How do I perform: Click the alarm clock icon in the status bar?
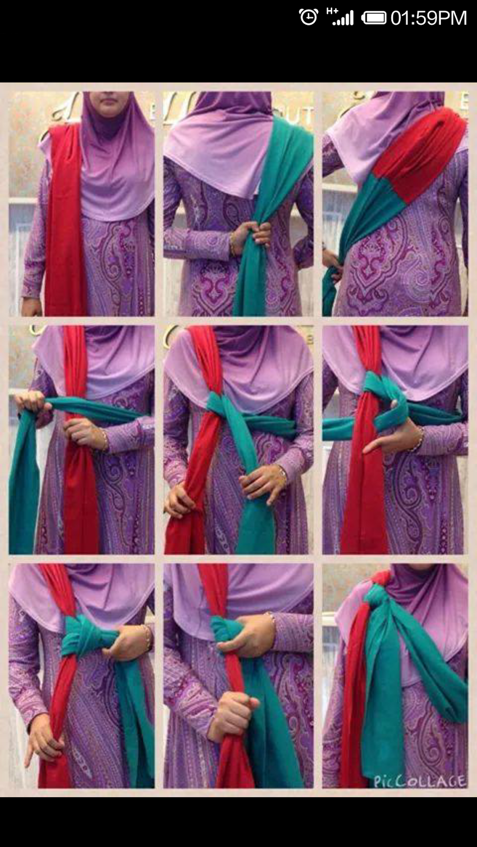(x=308, y=17)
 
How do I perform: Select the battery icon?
(x=374, y=18)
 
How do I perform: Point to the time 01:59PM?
(x=429, y=18)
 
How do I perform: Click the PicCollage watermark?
(x=419, y=781)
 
